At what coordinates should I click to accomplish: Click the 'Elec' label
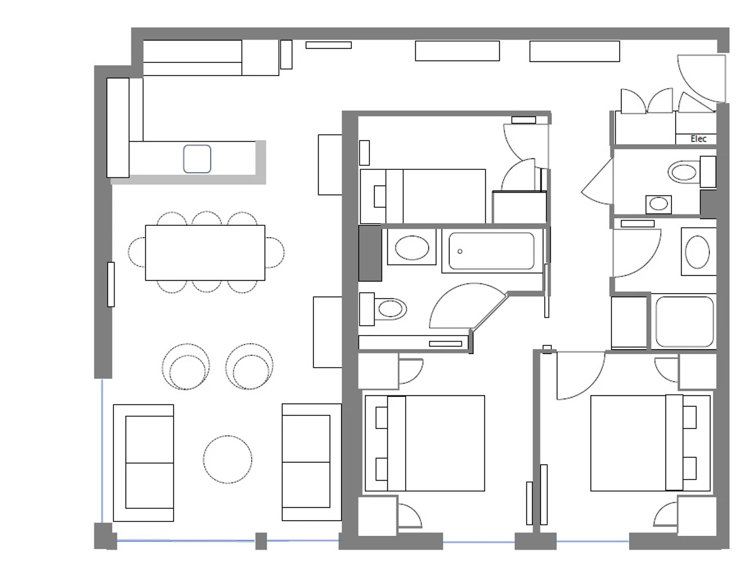point(698,138)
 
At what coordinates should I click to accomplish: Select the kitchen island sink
point(197,158)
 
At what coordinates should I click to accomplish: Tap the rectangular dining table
point(205,253)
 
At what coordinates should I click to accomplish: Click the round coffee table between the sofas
point(227,460)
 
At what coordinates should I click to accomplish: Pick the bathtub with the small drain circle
point(491,251)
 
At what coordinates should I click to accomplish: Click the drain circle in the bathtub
point(460,251)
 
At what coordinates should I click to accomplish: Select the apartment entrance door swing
point(702,79)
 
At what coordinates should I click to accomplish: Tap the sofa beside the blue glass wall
point(143,463)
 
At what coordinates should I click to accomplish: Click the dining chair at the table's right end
point(275,252)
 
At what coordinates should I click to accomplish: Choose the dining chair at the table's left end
point(137,252)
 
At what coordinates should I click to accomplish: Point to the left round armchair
point(186,367)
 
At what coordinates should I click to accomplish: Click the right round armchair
point(249,367)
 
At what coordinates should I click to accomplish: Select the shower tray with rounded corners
point(685,321)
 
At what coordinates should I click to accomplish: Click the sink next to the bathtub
point(411,247)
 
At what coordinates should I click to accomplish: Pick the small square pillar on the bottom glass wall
point(261,541)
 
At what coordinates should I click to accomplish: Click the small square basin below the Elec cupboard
point(658,204)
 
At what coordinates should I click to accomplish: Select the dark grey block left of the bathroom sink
point(370,253)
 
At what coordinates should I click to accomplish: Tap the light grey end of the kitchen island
point(260,162)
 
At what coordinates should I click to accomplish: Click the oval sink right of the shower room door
point(697,252)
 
